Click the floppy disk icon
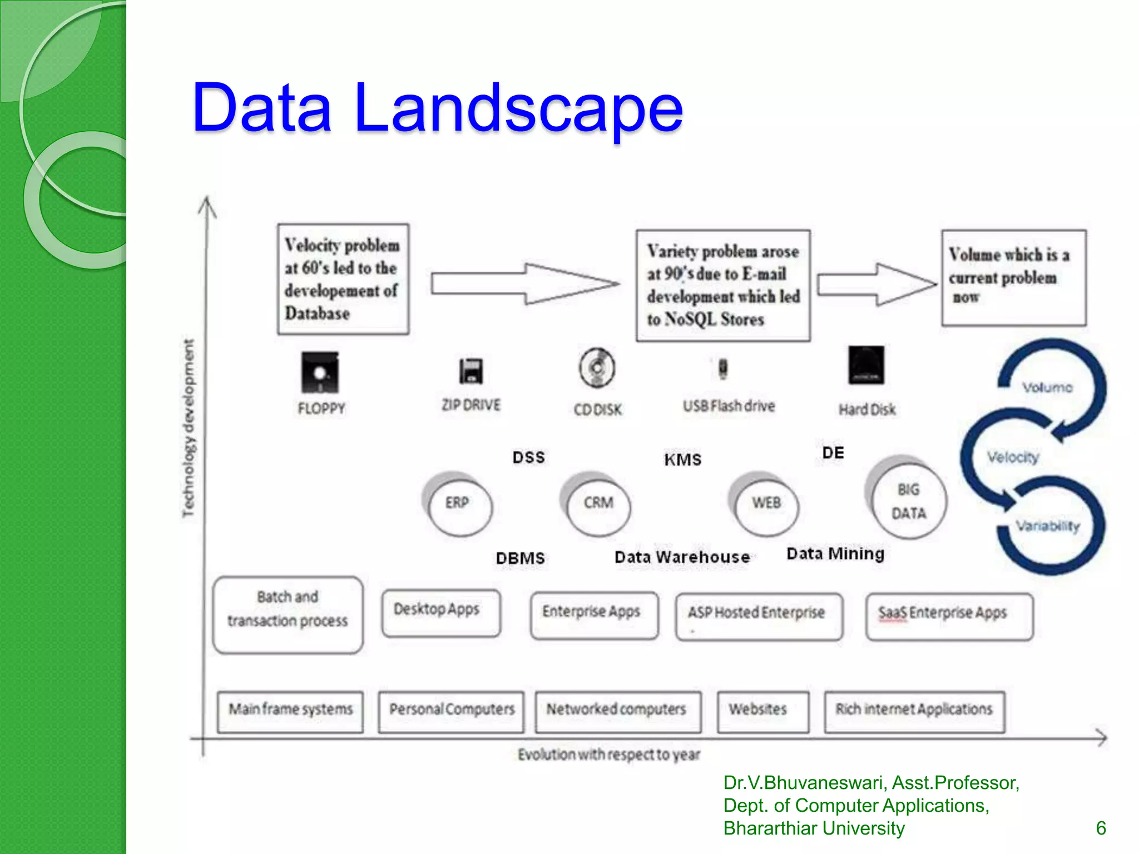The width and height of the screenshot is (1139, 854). (319, 372)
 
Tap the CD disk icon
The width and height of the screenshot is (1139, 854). (597, 368)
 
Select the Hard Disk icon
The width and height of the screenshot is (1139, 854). (866, 365)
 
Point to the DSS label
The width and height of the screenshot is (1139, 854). (528, 458)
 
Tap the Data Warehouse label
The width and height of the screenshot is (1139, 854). (682, 557)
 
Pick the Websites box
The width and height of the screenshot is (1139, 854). (762, 712)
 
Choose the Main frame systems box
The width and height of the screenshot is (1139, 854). (290, 712)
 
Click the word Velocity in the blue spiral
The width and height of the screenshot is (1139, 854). (1013, 458)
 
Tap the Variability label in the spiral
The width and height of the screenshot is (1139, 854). (1048, 526)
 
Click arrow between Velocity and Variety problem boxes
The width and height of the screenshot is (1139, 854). (523, 284)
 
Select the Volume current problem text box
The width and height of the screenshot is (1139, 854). (1013, 277)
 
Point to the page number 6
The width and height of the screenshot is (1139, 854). (1100, 828)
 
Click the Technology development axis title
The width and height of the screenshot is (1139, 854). (189, 428)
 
